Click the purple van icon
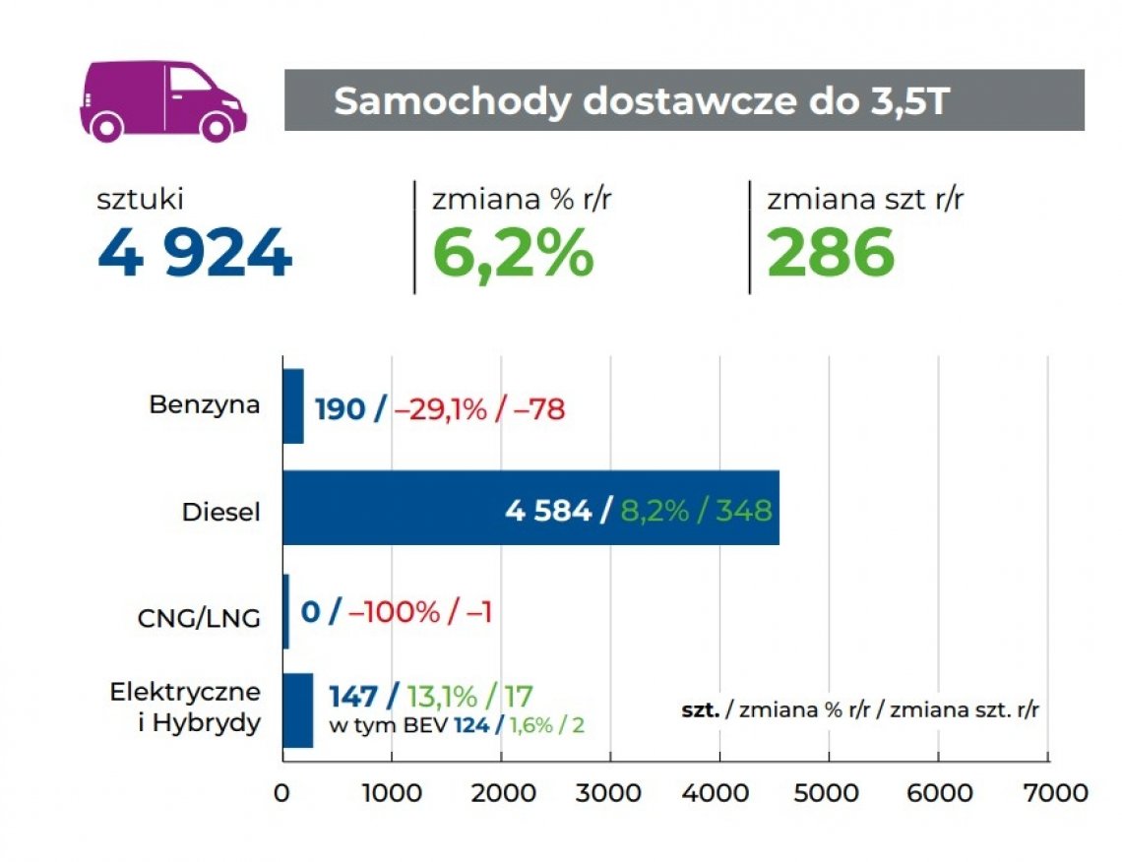pos(162,100)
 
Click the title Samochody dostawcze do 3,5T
pos(641,101)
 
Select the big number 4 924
pos(195,253)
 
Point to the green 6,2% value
pos(514,253)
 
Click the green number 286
pos(831,253)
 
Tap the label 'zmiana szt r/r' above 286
pos(865,200)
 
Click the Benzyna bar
pos(292,406)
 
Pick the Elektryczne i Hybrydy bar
pos(297,710)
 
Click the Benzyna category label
pos(205,404)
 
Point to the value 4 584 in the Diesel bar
pos(548,511)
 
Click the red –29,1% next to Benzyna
pos(440,409)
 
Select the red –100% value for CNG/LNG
pos(394,612)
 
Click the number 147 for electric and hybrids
pos(353,697)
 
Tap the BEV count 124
pos(471,726)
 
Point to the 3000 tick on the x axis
pos(610,792)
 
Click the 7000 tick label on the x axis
pos(1047,792)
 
